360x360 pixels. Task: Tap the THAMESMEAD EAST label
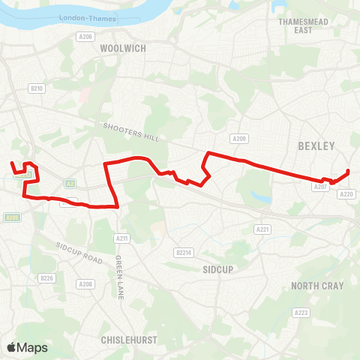295,26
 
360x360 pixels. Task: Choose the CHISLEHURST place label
129,339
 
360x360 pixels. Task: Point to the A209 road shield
239,139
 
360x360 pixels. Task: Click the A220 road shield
346,194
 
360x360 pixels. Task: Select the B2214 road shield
184,252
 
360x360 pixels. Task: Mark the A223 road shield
301,313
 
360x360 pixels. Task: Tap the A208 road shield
85,284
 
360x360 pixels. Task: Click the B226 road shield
46,278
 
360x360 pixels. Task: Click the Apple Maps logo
27,347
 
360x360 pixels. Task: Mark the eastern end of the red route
349,172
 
